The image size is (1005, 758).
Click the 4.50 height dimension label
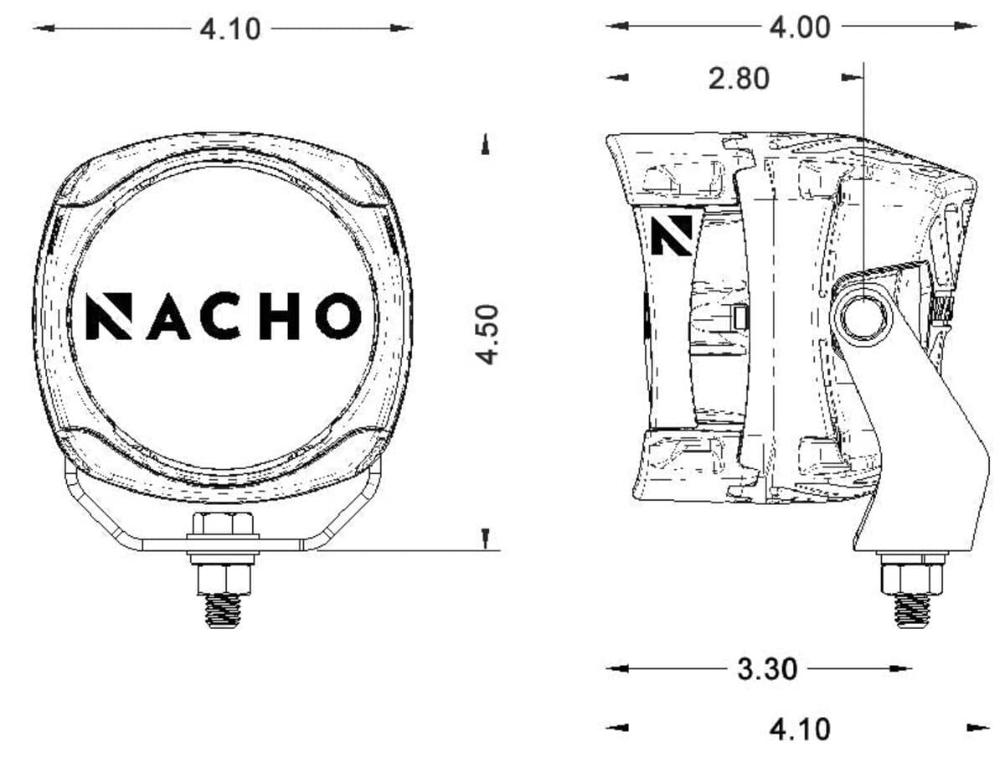tap(487, 334)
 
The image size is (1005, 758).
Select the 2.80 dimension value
tap(738, 79)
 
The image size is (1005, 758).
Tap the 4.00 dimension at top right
tap(800, 27)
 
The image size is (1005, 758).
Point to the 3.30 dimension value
tap(766, 669)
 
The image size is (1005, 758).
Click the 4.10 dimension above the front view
tap(230, 29)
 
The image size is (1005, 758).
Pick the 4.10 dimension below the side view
tap(800, 729)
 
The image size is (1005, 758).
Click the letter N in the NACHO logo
tap(108, 316)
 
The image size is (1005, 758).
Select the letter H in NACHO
tap(279, 316)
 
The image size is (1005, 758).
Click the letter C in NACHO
tap(223, 316)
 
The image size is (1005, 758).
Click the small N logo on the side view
tap(673, 235)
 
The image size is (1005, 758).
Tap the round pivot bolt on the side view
tap(862, 319)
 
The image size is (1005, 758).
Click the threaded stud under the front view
tap(224, 610)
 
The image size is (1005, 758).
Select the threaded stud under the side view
tap(912, 609)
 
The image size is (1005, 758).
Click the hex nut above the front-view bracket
tap(224, 526)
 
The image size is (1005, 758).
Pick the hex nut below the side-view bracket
tap(912, 577)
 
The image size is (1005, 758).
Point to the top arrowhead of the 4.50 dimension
tap(485, 146)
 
